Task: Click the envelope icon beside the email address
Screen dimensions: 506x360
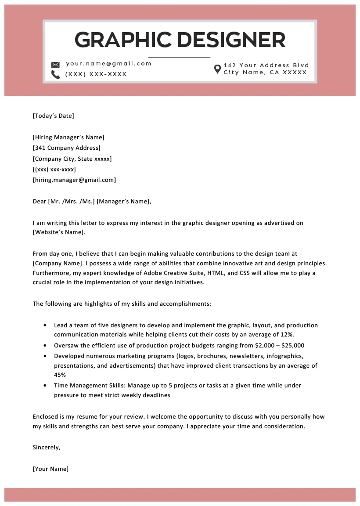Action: click(55, 64)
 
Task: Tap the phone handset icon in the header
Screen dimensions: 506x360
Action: click(55, 75)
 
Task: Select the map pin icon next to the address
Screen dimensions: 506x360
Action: click(217, 69)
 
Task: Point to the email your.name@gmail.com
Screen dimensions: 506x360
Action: click(108, 64)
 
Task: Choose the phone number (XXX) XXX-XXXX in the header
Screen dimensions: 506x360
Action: click(96, 74)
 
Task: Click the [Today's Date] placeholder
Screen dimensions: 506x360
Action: click(53, 116)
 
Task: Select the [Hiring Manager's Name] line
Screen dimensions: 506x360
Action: click(68, 137)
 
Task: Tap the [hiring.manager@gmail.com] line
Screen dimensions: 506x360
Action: click(74, 180)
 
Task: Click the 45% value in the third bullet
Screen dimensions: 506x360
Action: click(60, 375)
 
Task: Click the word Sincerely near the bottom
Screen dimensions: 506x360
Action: click(46, 448)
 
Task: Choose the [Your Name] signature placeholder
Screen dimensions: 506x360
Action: click(50, 469)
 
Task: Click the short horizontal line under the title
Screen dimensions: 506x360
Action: click(179, 58)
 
